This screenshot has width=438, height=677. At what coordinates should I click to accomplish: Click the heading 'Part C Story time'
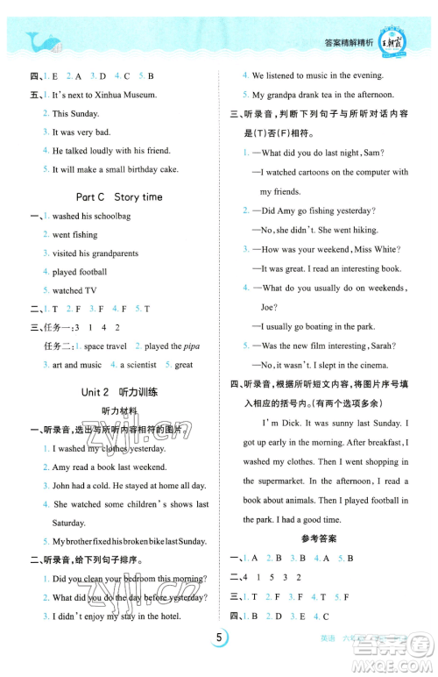119,197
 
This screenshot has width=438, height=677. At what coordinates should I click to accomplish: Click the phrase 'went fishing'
74,235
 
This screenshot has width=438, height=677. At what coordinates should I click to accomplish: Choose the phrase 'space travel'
103,346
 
